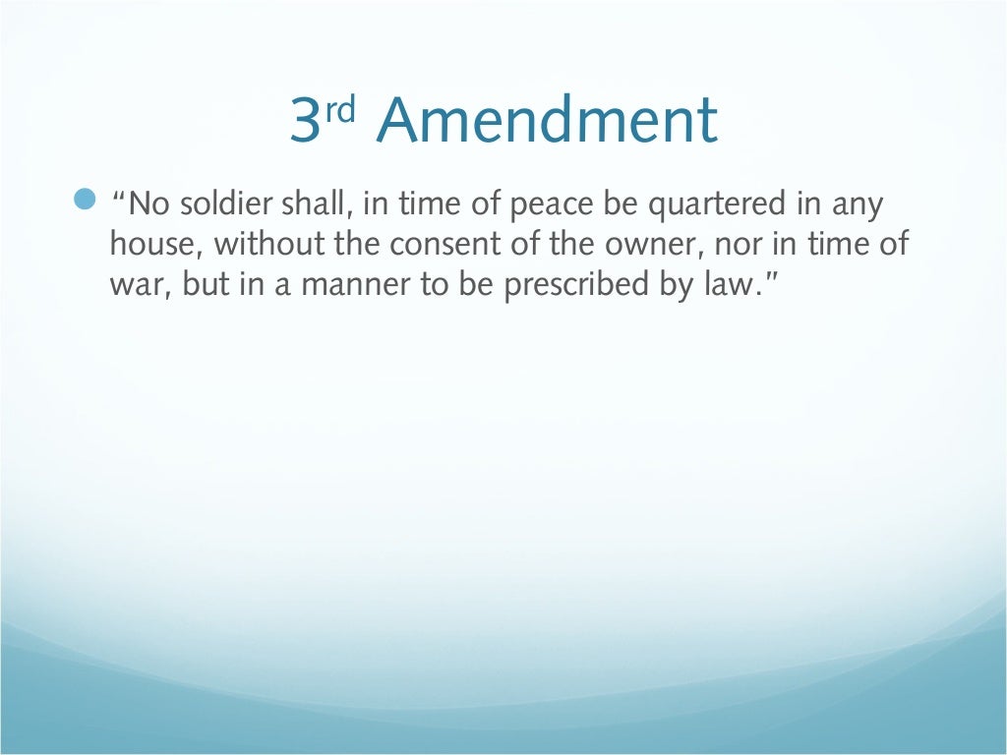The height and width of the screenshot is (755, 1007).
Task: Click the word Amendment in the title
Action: click(x=547, y=122)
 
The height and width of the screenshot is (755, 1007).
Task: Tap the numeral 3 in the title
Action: click(x=307, y=122)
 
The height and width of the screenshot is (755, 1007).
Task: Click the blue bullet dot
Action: click(x=87, y=201)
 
